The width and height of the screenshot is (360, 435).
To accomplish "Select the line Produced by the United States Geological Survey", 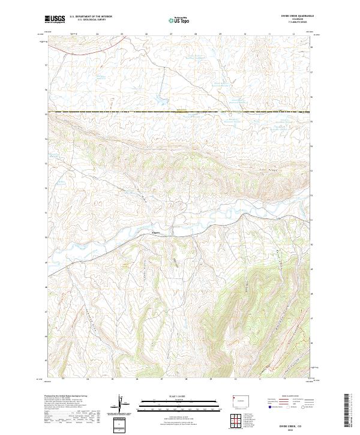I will point(70,397).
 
